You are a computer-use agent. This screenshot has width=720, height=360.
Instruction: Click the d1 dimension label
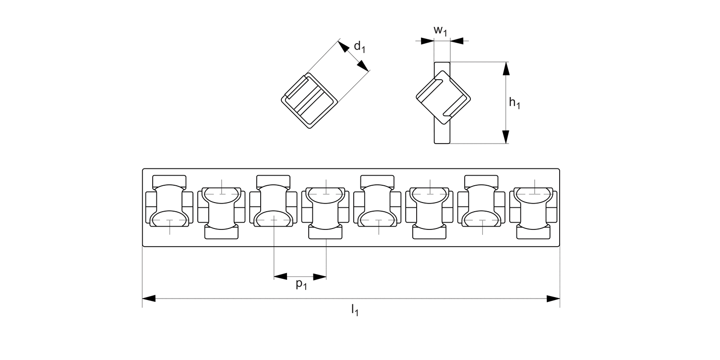tap(360, 47)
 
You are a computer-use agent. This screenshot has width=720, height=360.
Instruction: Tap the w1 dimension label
tap(441, 30)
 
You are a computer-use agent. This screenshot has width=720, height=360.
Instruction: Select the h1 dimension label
tap(515, 103)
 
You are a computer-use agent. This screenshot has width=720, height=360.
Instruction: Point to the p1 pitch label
tap(301, 284)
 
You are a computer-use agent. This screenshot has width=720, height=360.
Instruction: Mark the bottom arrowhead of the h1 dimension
tap(505, 136)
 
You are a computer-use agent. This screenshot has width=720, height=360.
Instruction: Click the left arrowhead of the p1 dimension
tap(280, 276)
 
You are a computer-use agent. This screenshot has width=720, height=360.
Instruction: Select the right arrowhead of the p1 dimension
tap(320, 276)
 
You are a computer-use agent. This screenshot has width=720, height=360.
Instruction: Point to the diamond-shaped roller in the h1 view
tap(442, 96)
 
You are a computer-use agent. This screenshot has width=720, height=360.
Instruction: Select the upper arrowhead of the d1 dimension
tap(343, 47)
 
